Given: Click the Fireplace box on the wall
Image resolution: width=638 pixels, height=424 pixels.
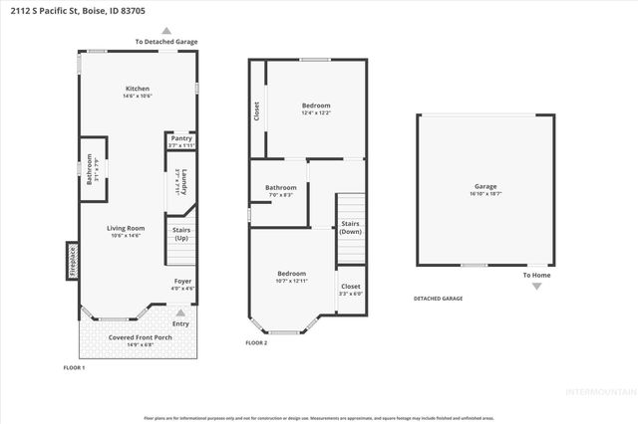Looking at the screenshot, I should click(x=72, y=261).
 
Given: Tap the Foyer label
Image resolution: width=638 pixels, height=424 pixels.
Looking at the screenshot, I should click(x=182, y=283).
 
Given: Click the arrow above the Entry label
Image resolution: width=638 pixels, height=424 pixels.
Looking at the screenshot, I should click(x=180, y=312).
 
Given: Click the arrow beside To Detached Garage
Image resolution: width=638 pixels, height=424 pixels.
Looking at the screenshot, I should click(x=166, y=31).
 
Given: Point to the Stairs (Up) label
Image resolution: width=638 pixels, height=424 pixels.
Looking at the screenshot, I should click(x=181, y=234).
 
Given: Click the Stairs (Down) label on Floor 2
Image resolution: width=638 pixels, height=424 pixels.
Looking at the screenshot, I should click(x=350, y=227).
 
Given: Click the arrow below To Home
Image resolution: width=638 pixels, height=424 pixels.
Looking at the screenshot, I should click(x=536, y=287).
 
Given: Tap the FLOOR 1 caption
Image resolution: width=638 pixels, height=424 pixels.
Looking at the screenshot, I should click(x=75, y=368).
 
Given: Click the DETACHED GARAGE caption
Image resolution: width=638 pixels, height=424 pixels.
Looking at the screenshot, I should click(x=438, y=299).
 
